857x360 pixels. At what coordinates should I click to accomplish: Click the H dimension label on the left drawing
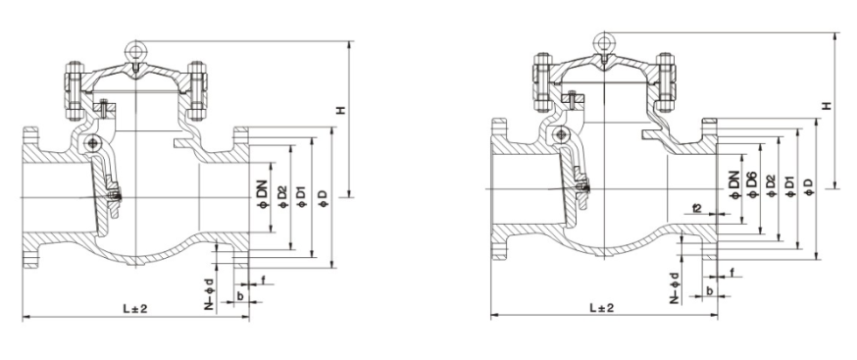pos(342,111)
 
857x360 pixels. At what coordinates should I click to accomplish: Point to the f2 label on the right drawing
pos(694,208)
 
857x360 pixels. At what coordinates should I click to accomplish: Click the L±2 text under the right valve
pos(601,308)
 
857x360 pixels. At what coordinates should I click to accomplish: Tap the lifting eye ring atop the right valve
pos(603,41)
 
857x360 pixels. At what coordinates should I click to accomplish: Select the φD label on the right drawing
pos(808,186)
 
